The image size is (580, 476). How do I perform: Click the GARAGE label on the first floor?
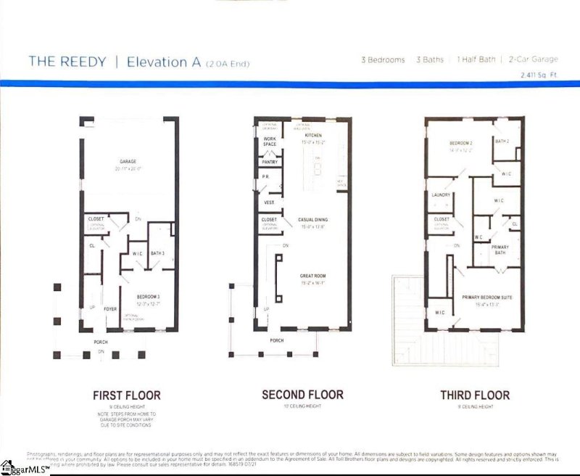tap(128, 162)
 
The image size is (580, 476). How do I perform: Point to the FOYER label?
tap(110, 308)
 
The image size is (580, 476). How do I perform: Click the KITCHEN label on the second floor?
tap(313, 136)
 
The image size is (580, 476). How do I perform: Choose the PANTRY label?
tap(270, 163)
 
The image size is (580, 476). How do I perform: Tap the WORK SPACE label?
tap(270, 141)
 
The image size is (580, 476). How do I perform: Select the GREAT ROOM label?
tap(313, 276)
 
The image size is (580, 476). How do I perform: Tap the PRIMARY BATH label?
tap(500, 250)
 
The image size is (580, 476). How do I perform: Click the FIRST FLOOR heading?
tap(127, 395)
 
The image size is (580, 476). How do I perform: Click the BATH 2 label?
tap(502, 141)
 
